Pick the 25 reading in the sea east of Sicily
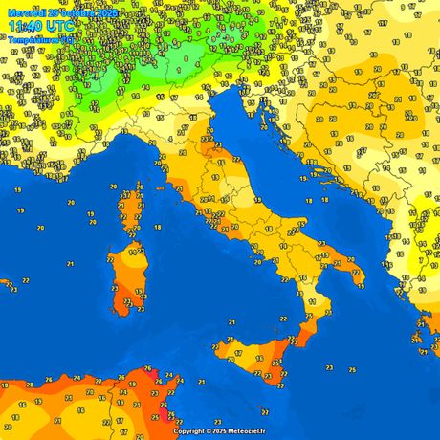[352, 368]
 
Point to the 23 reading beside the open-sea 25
[329, 367]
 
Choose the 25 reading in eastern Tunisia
[156, 418]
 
